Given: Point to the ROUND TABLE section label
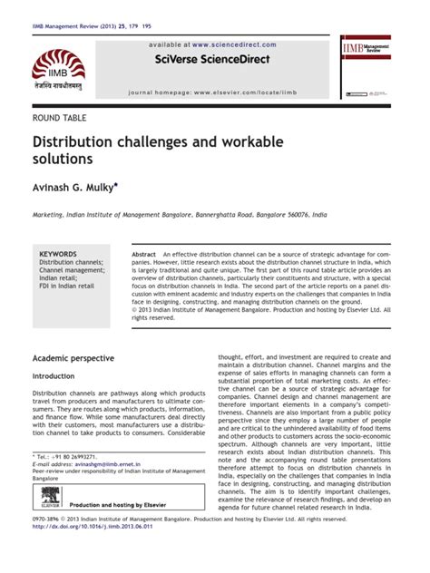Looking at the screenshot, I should (60, 119).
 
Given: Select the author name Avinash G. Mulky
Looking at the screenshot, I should (73, 185).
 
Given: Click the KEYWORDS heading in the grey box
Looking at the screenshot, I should (58, 254).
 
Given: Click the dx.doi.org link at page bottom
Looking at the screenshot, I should (91, 550).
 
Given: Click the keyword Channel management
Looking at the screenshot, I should (72, 271).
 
